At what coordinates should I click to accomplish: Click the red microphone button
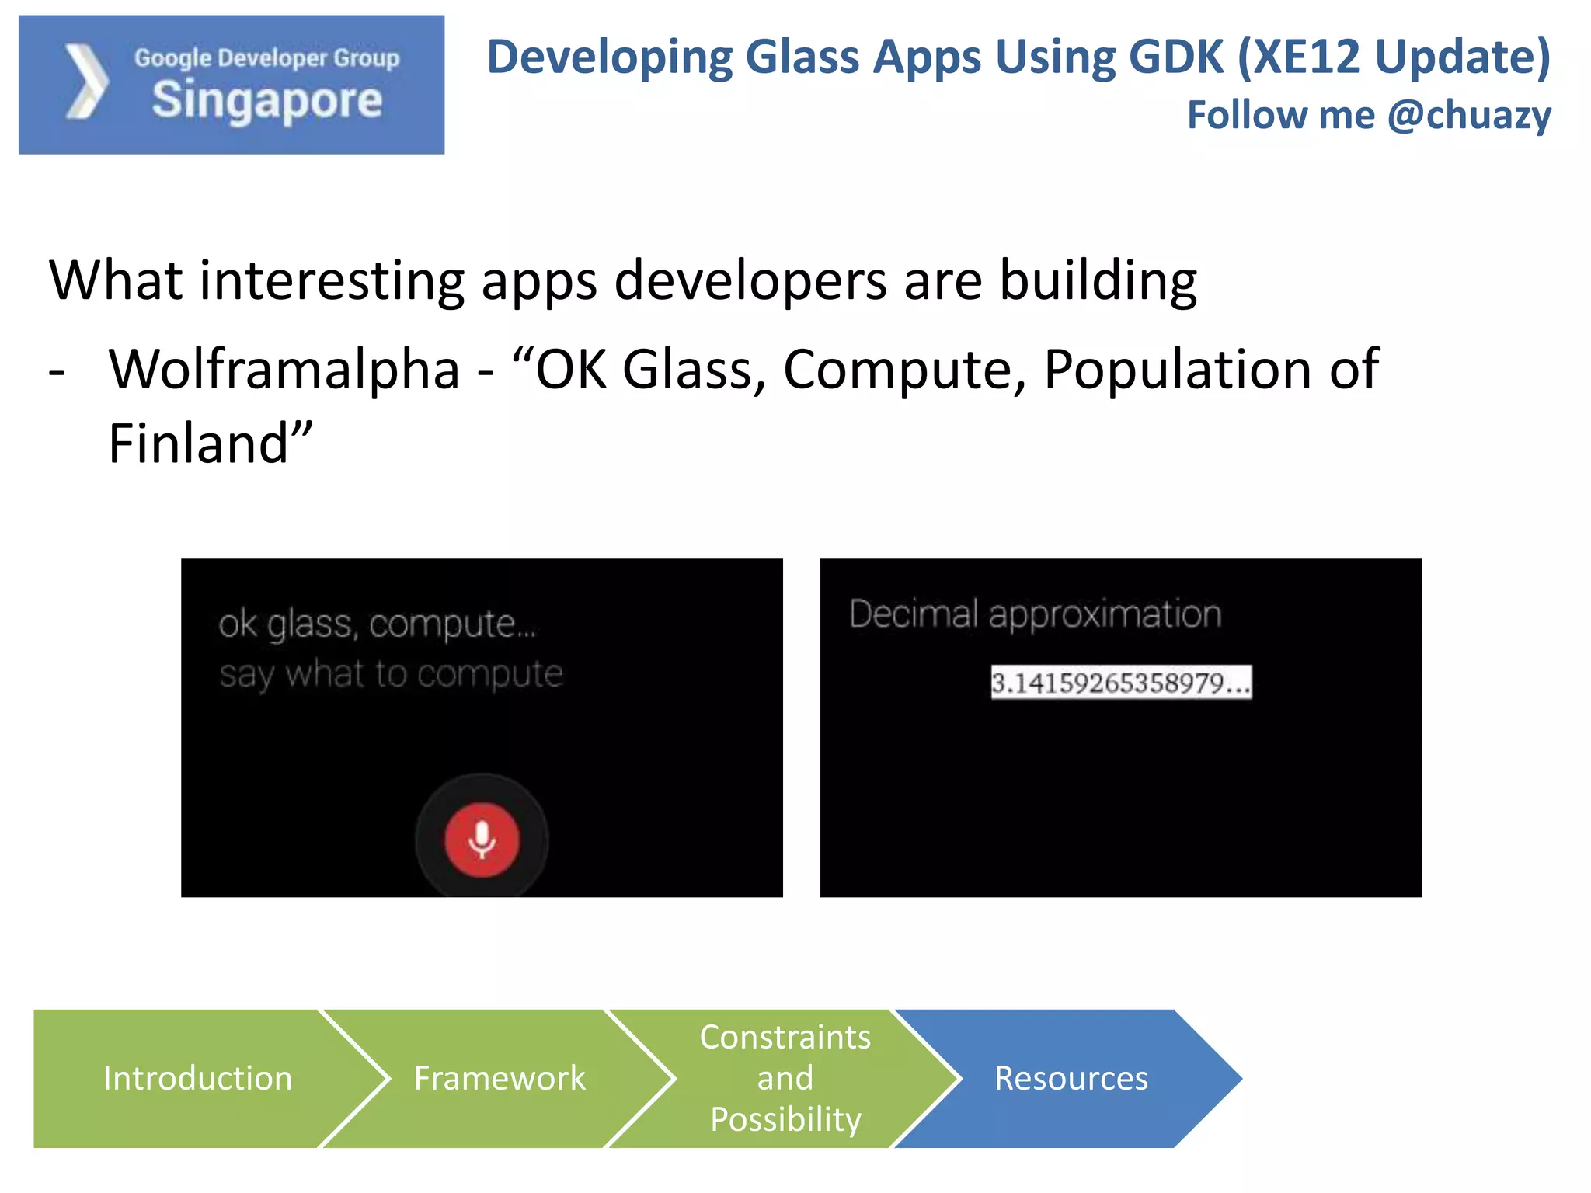pos(482,840)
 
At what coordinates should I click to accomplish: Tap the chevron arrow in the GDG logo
pos(86,82)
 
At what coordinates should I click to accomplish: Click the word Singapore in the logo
pos(267,101)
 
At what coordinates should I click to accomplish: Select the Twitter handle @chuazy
pos(1469,115)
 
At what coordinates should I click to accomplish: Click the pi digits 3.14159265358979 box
pos(1120,683)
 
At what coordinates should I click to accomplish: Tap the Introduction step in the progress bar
pos(197,1078)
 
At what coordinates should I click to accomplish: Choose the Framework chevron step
pos(500,1078)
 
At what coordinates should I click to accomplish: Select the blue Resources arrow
pos(1071,1078)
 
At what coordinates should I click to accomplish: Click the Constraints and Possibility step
pos(785,1078)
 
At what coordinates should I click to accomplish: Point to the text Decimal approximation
pos(1035,614)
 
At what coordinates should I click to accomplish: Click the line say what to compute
pos(391,674)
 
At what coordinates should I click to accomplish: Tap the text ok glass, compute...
pos(377,624)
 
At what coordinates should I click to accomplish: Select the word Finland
pos(199,443)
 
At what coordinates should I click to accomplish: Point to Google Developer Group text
pos(266,58)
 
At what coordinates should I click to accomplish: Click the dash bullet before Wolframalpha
pos(57,372)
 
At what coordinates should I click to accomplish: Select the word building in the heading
pos(1098,280)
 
